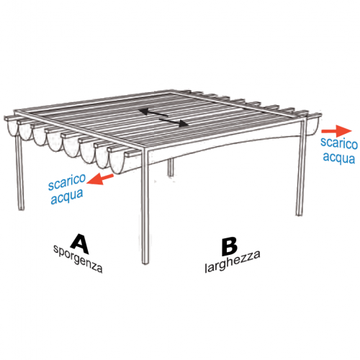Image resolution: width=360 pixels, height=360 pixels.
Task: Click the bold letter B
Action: point(230,247)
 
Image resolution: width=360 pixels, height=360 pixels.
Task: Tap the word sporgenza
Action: point(78,258)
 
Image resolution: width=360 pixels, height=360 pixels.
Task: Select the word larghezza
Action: point(233,261)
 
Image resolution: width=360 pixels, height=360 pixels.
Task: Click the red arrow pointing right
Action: point(336,131)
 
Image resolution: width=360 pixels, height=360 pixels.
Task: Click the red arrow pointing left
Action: point(100,179)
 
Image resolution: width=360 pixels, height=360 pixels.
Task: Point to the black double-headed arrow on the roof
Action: point(163,117)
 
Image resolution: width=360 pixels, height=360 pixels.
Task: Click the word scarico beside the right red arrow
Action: point(339,143)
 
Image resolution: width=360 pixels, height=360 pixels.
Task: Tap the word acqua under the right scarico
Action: point(338,158)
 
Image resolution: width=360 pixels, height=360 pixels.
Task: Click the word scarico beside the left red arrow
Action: point(67,182)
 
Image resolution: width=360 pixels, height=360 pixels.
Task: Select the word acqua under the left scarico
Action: point(67,197)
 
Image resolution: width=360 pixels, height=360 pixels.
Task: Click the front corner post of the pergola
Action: point(145,207)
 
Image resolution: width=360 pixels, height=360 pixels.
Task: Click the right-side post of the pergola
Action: point(301,168)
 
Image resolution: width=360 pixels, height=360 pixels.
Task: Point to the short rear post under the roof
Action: point(171,167)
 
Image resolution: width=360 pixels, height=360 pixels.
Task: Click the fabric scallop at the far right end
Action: point(312,126)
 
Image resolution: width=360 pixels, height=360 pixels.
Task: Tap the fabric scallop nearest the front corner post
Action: point(117,161)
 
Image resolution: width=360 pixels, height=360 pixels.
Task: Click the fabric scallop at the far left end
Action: point(12,127)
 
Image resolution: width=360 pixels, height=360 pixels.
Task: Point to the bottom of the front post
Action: point(145,262)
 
